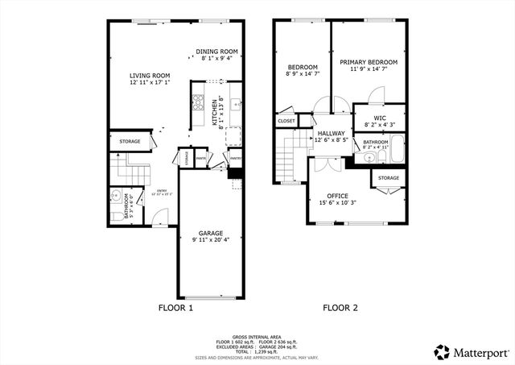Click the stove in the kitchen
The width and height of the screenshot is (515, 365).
(196, 102)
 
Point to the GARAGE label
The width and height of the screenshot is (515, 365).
(206, 233)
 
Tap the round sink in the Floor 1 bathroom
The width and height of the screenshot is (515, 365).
(116, 196)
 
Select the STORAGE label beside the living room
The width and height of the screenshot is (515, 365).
(130, 142)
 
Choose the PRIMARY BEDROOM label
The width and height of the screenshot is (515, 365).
(368, 62)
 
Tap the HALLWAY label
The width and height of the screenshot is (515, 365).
(331, 133)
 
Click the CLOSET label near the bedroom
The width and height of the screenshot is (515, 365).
(286, 121)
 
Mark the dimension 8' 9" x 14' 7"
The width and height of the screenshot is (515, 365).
(303, 74)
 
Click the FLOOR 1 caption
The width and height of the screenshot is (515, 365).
(175, 307)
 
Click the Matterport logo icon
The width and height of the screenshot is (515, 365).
(441, 351)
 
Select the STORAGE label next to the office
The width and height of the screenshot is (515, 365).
(389, 177)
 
